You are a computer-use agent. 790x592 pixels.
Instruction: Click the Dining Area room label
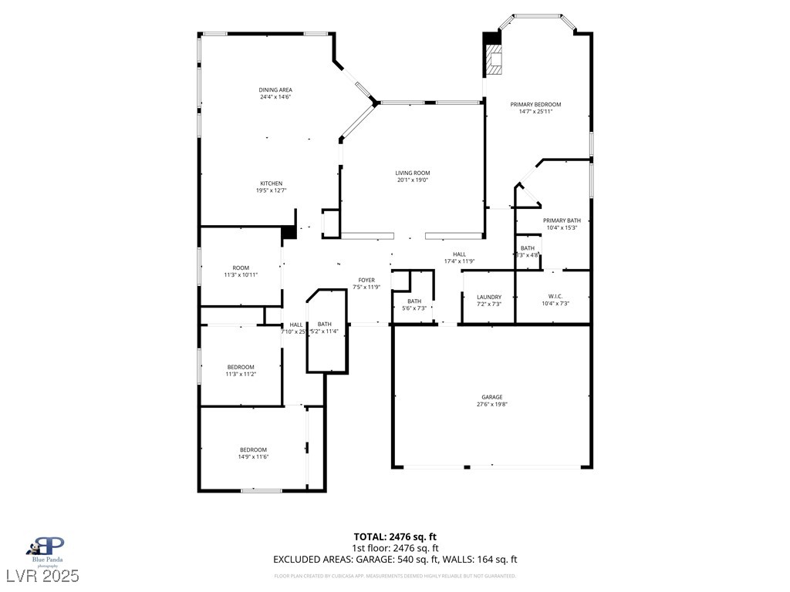point(275,90)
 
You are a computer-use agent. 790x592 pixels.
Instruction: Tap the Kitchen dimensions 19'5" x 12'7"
point(271,190)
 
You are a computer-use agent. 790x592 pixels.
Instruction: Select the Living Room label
point(413,173)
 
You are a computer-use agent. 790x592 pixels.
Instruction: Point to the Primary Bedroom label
point(535,104)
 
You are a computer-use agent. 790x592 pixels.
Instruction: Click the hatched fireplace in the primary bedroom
point(494,59)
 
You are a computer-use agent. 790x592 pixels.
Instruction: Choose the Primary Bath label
point(562,220)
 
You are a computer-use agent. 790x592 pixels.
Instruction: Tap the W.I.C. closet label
point(555,296)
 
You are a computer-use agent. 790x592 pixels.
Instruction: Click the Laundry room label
point(489,297)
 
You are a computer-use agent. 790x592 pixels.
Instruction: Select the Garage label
point(492,397)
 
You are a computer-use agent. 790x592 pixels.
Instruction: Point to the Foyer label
point(366,280)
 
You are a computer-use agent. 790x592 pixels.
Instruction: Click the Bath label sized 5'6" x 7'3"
point(414,301)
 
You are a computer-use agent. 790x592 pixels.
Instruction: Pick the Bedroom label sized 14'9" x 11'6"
point(253,449)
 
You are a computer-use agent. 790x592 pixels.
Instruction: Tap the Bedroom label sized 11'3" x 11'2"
point(241,367)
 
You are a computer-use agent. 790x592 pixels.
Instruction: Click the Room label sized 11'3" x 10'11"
point(241,267)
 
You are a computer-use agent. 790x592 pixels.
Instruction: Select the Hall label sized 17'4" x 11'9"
point(459,254)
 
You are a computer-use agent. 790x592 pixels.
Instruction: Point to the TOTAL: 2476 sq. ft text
point(395,536)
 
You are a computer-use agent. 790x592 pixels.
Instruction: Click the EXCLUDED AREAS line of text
point(395,560)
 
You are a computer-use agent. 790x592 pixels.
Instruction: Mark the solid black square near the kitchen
point(289,232)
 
